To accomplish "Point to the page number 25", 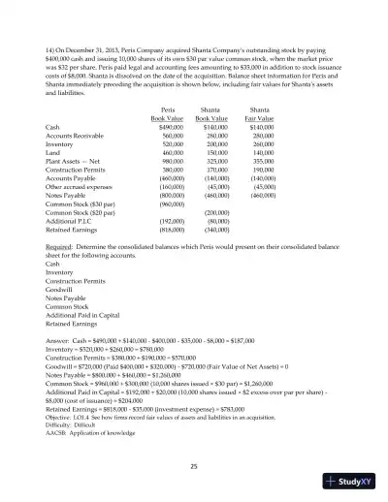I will tap(194, 468).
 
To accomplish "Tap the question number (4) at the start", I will tap(49, 47).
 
